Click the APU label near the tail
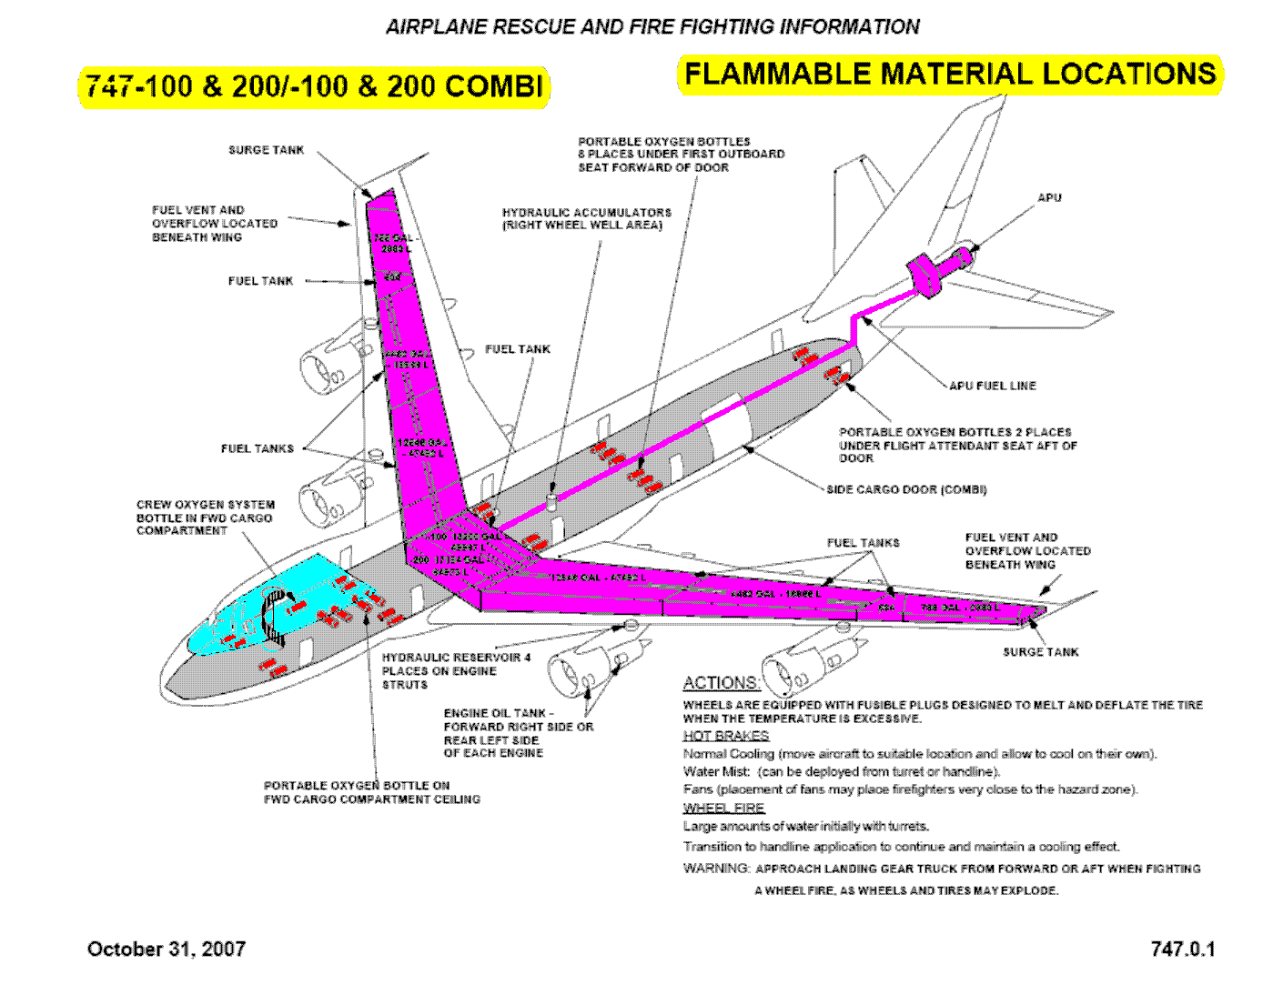pyautogui.click(x=1049, y=197)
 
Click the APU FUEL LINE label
pyautogui.click(x=992, y=386)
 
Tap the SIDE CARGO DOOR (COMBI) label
pyautogui.click(x=906, y=489)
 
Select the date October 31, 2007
pyautogui.click(x=167, y=949)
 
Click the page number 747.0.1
pyautogui.click(x=1182, y=949)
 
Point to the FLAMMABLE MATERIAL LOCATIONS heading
pyautogui.click(x=950, y=75)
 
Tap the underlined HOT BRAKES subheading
pyautogui.click(x=726, y=736)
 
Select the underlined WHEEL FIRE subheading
pyautogui.click(x=724, y=808)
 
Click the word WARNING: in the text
pyautogui.click(x=717, y=869)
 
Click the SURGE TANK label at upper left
pyautogui.click(x=266, y=150)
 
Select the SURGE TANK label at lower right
pyautogui.click(x=1040, y=652)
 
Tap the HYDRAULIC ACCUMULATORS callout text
pyautogui.click(x=587, y=218)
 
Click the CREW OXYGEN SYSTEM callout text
pyautogui.click(x=205, y=518)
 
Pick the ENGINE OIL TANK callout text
pyautogui.click(x=518, y=733)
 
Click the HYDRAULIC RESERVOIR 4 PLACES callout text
pyautogui.click(x=456, y=670)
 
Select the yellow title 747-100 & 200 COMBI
pyautogui.click(x=314, y=86)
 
